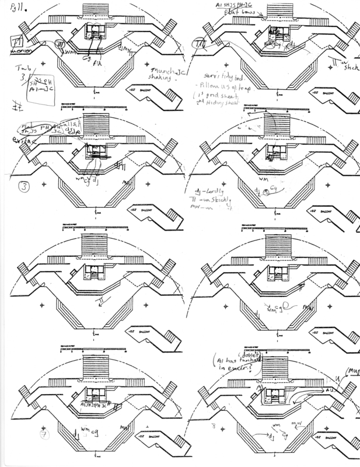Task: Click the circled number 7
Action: click(x=43, y=434)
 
